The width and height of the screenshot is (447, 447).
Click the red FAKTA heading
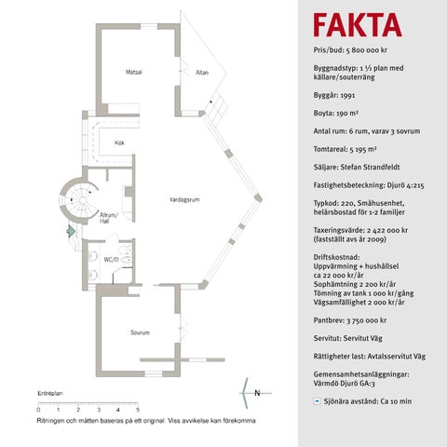tap(358, 25)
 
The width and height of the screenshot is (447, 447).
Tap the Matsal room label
tap(134, 72)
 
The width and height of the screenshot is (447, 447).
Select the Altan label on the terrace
tap(202, 73)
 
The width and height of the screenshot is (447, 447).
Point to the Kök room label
tap(119, 142)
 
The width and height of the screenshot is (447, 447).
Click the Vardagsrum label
tap(184, 199)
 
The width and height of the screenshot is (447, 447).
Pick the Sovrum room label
tap(140, 332)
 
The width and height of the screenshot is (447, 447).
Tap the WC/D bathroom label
tap(111, 259)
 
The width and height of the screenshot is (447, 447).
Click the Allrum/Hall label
tap(108, 218)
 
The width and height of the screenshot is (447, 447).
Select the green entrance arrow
tap(71, 231)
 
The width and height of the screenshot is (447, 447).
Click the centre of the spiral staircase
tap(82, 200)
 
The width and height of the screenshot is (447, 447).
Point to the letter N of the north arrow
tap(257, 393)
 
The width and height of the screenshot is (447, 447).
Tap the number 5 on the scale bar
tap(138, 410)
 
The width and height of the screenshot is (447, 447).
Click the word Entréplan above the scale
tap(50, 393)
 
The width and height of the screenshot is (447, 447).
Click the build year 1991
tap(347, 95)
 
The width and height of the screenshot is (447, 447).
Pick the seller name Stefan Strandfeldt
tap(370, 167)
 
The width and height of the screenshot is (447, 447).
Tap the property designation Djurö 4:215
tap(405, 185)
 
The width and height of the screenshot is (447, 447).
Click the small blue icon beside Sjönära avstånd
tap(317, 401)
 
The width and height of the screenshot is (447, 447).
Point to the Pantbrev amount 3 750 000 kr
tap(367, 320)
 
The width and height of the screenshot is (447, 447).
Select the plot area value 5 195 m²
tap(363, 149)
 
